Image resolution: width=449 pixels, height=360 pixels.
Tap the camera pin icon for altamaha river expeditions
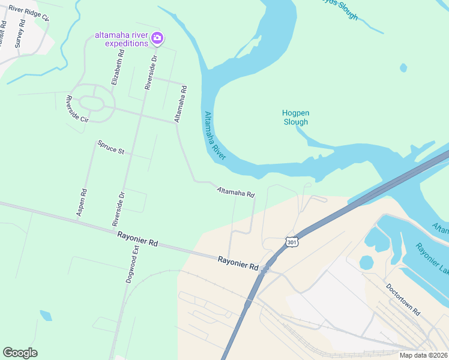pos(157,38)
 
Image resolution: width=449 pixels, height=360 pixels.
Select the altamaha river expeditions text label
pos(121,39)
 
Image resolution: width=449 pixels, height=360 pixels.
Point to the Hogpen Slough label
pos(295,117)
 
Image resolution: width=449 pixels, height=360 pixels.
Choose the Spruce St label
pos(111,147)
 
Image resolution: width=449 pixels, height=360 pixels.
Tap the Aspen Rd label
pos(83,202)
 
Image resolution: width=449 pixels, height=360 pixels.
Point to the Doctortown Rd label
pos(403,301)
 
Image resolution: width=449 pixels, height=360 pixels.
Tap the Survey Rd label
pos(20,34)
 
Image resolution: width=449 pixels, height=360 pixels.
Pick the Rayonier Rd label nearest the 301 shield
pos(238,262)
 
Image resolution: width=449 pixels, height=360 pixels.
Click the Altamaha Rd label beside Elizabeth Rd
pos(179,104)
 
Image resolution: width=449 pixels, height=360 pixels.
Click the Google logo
pos(20,353)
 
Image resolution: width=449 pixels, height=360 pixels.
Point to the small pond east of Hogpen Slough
pos(403,67)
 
